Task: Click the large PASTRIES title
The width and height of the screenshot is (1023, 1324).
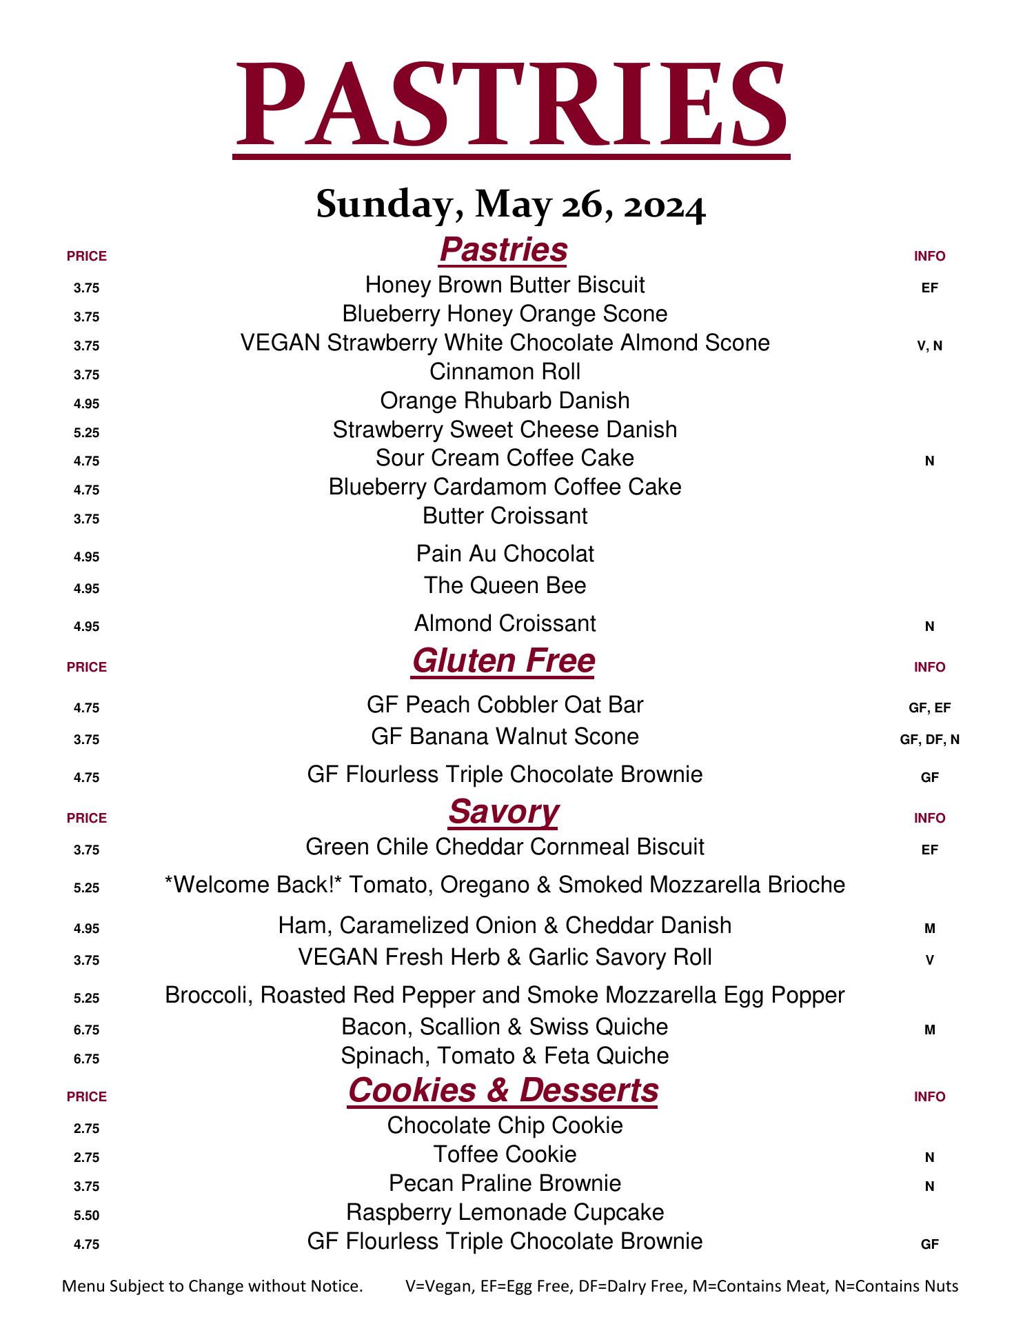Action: click(511, 103)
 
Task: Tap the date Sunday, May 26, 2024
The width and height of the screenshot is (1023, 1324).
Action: click(511, 205)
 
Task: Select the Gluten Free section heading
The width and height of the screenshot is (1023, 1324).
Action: click(503, 661)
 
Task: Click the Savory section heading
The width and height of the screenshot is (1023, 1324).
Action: click(503, 812)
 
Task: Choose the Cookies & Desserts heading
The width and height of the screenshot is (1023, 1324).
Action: click(503, 1090)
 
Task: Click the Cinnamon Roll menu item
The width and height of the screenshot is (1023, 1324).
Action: click(505, 372)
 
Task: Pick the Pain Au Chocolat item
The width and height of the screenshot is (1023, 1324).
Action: click(505, 554)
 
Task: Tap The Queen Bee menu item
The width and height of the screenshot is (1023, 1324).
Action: click(505, 585)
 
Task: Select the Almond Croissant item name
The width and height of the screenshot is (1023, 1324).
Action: click(505, 623)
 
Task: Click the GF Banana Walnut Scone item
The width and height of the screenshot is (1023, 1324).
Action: click(505, 736)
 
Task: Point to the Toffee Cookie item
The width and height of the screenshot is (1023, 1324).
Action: click(505, 1154)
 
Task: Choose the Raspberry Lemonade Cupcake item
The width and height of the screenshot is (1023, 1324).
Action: click(505, 1212)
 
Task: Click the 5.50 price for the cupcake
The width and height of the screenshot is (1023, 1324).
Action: click(87, 1216)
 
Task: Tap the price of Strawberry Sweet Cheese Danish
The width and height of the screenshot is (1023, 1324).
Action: click(87, 433)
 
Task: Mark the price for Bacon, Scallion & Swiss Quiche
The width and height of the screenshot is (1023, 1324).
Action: click(87, 1030)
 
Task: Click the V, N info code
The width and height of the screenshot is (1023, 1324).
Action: click(929, 346)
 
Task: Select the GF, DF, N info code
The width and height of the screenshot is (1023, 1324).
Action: click(929, 740)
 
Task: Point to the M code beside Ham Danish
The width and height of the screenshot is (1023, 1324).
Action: click(929, 929)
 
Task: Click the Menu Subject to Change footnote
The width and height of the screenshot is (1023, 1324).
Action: click(212, 1286)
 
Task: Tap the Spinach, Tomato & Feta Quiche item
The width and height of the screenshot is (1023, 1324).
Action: click(505, 1056)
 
